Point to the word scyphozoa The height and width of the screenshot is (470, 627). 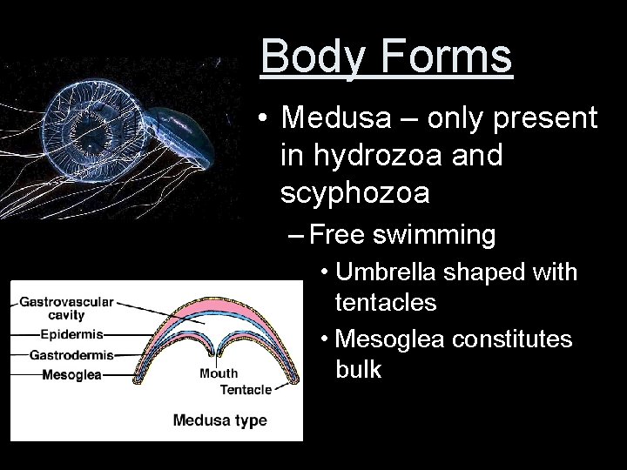355,193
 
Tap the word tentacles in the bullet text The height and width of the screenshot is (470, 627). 386,304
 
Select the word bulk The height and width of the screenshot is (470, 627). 358,369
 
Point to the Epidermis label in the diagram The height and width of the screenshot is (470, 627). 71,334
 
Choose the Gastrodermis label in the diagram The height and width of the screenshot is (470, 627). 71,355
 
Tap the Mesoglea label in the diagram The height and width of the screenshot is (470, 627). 72,375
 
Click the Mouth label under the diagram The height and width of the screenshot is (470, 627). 219,373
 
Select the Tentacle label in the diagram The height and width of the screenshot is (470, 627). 246,389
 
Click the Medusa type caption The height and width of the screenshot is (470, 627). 219,420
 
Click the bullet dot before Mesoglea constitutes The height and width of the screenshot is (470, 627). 324,338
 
